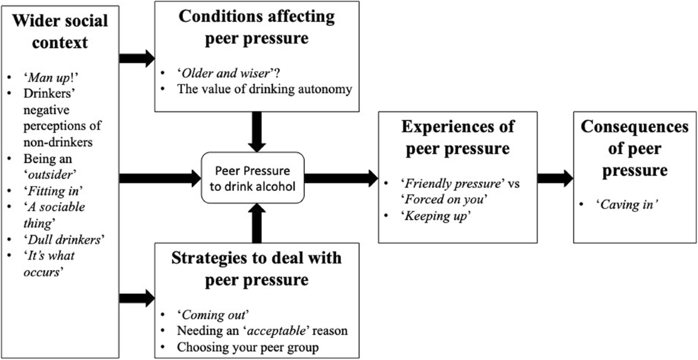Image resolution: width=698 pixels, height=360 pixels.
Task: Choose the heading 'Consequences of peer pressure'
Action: pyautogui.click(x=634, y=148)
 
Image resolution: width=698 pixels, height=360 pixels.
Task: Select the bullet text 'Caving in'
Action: pyautogui.click(x=619, y=205)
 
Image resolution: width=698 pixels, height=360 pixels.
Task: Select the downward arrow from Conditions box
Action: pyautogui.click(x=256, y=131)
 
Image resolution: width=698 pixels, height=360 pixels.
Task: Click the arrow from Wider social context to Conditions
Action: pyautogui.click(x=136, y=58)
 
